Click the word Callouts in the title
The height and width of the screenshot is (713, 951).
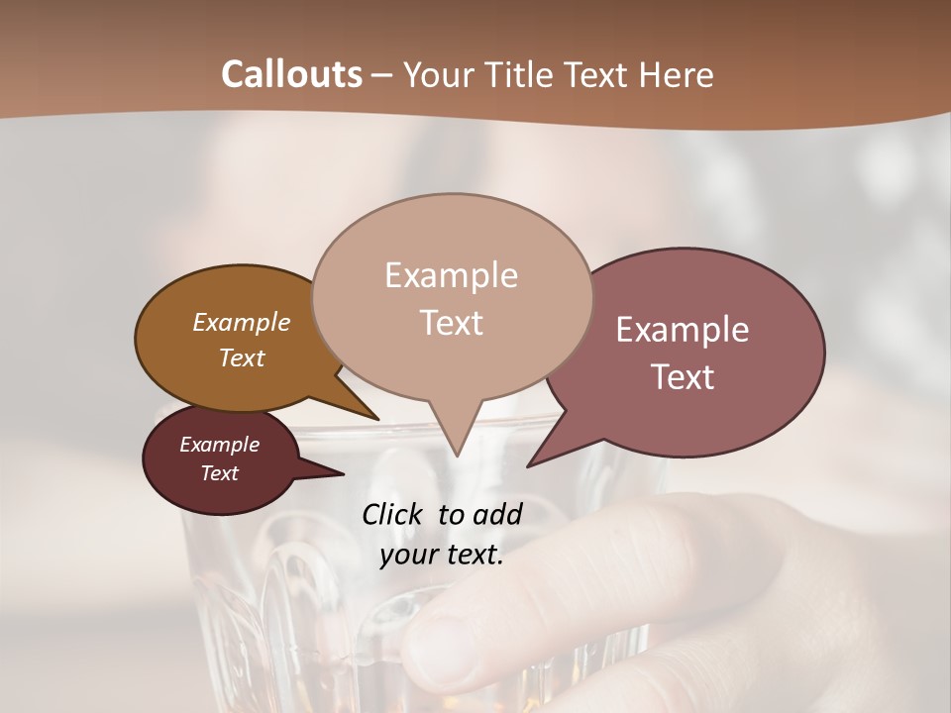click(291, 74)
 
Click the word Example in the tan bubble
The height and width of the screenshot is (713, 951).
click(451, 275)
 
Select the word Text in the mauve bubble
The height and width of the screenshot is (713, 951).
click(684, 377)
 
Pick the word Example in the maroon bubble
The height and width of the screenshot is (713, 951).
click(219, 445)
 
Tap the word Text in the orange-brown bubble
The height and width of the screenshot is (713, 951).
click(242, 358)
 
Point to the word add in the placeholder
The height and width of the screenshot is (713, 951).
click(497, 514)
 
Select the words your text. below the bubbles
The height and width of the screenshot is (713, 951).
click(442, 555)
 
